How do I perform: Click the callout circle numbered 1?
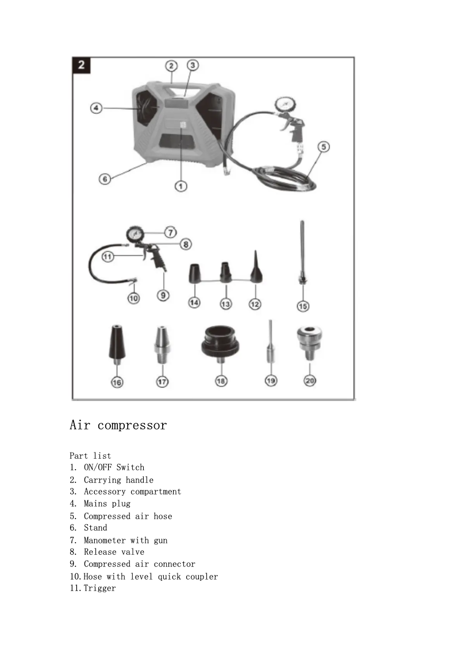[180, 186]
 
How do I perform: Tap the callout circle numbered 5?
[324, 147]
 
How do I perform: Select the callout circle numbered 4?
[97, 108]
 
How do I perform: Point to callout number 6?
[105, 179]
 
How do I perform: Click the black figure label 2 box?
[81, 65]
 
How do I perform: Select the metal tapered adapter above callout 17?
[162, 345]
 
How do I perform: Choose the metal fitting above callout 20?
[309, 342]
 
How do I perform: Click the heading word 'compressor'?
[132, 425]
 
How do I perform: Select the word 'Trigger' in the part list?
[99, 588]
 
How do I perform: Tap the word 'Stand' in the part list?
[95, 528]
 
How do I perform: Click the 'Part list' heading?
[90, 456]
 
